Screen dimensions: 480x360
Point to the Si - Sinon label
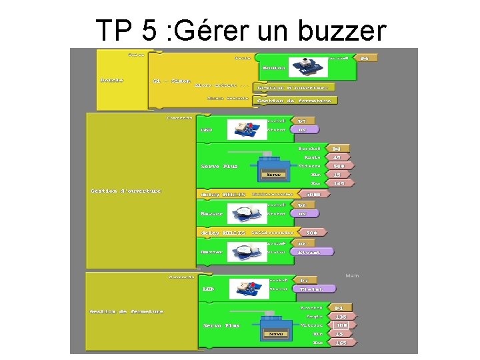point(171,80)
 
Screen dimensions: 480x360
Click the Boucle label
point(111,80)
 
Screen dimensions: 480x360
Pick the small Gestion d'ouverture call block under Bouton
point(293,87)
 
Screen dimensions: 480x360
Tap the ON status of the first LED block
point(303,129)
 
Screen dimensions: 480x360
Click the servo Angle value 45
point(338,157)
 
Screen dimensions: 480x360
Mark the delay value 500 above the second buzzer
point(312,233)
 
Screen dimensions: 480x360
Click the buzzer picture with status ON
point(247,214)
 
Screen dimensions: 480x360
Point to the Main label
point(352,275)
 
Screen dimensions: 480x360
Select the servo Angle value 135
point(341,317)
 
